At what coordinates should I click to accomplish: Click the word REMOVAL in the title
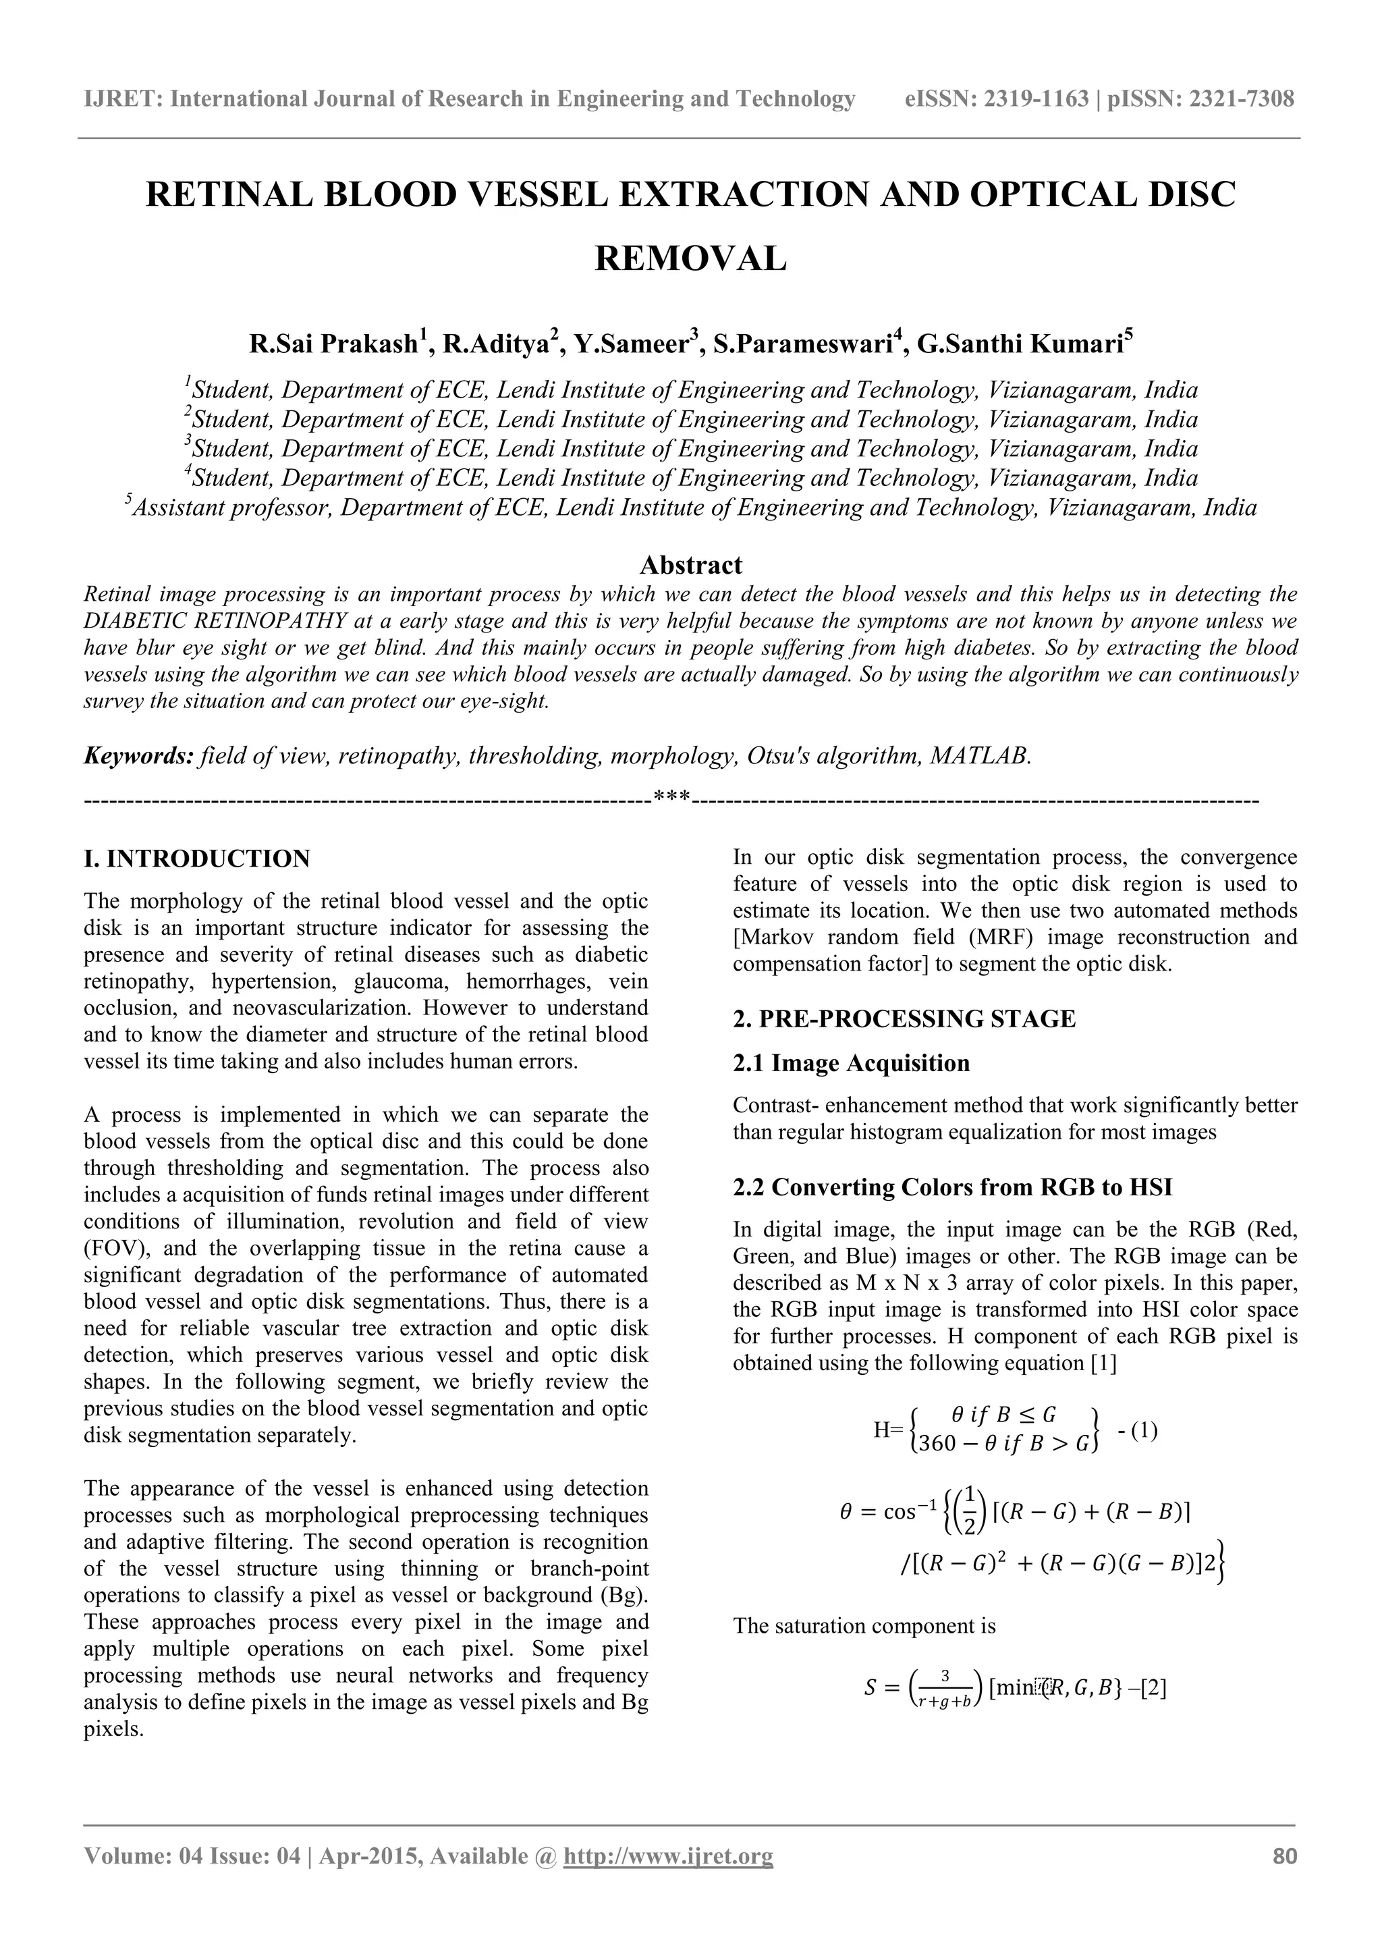pos(690,258)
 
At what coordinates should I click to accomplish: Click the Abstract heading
pos(690,565)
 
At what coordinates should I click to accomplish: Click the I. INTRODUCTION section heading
pos(196,859)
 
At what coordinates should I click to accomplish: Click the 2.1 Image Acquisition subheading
pos(851,1063)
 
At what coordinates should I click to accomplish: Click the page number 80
pos(1284,1856)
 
